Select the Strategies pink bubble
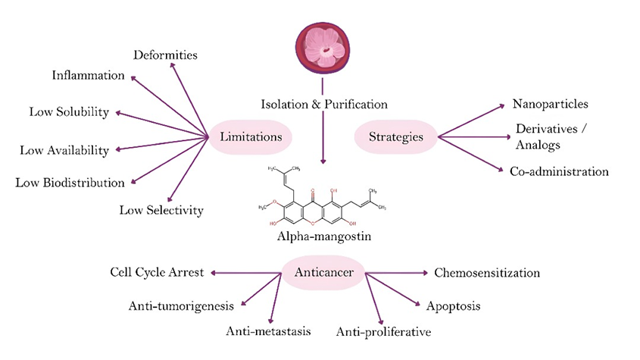coord(395,137)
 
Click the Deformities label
coord(165,55)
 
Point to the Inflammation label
coord(88,76)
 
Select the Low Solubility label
coord(69,112)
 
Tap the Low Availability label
coord(65,149)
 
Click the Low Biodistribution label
coord(70,183)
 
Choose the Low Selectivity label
coord(161,210)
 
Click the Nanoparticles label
coord(551,104)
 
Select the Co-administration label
coord(559,172)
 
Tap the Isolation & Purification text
coord(324,104)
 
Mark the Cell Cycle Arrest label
coord(155,272)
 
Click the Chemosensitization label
coord(486,272)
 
